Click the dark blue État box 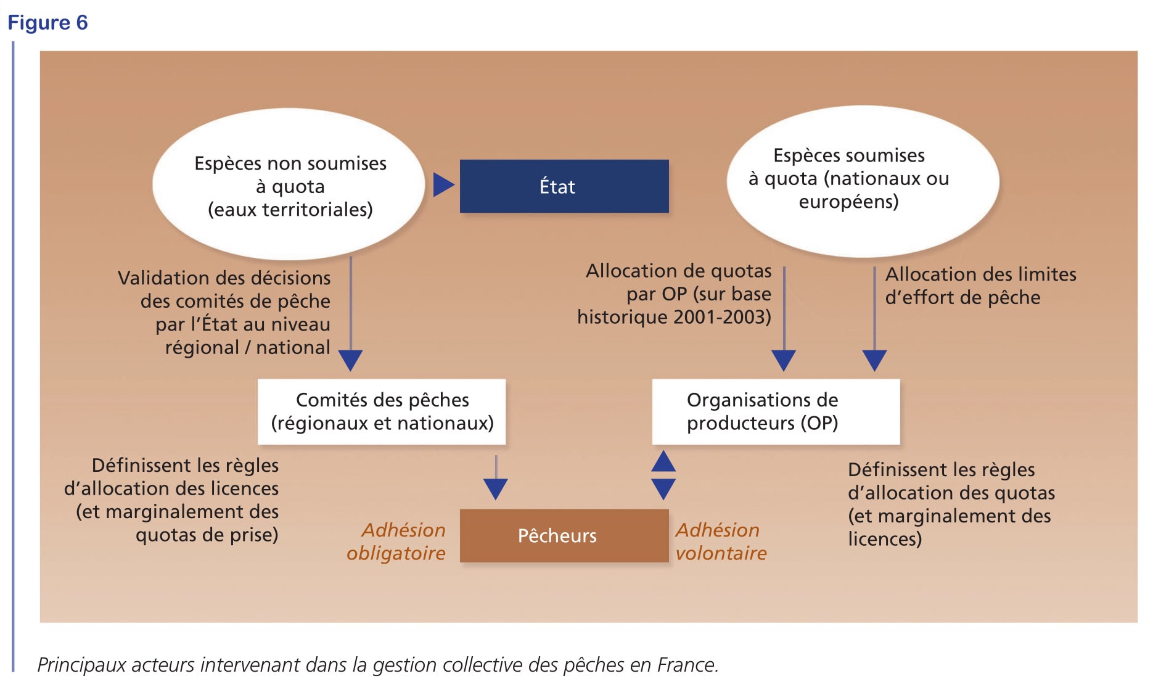(564, 186)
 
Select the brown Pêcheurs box (564, 535)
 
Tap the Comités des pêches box (382, 411)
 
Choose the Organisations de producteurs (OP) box (776, 411)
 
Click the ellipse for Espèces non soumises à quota (289, 184)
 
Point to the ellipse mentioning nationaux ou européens (863, 181)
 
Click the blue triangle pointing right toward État (443, 184)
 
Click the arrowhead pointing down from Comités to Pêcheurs (496, 489)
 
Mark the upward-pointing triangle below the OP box (663, 461)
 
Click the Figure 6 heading (47, 23)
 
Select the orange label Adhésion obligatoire (396, 542)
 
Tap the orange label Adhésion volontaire (721, 542)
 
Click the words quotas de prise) (207, 535)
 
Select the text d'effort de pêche (962, 297)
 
